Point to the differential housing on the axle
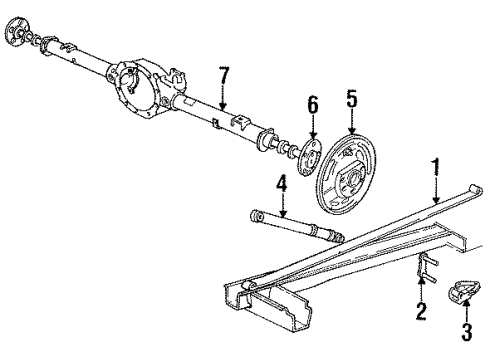[145, 88]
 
